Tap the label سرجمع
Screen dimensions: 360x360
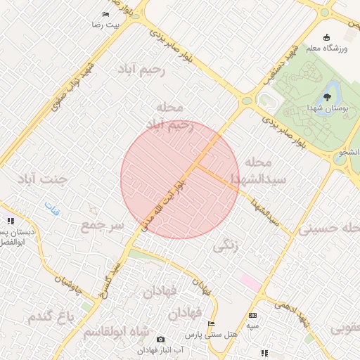pos(102,226)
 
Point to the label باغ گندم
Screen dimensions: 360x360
pos(51,317)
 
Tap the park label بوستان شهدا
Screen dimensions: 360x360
pos(327,109)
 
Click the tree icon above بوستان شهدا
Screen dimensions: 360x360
pos(327,97)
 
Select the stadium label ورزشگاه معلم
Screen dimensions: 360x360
pos(328,49)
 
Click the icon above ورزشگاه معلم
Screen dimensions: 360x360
pos(326,37)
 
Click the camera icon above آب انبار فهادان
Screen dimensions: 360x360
pos(160,340)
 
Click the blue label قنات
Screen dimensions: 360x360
pos(52,207)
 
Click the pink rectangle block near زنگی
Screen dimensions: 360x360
pos(250,281)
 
